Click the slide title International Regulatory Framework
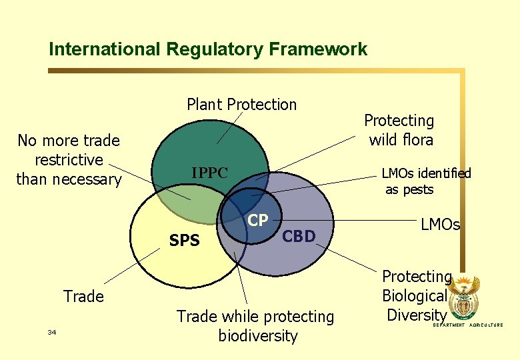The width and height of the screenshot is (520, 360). tap(208, 49)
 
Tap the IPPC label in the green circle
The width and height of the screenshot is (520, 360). tap(209, 173)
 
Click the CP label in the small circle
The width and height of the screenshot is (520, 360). tap(258, 221)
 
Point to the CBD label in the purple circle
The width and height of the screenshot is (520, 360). tap(299, 236)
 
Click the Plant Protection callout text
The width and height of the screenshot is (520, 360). tap(241, 105)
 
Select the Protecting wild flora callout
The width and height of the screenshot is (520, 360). tap(399, 130)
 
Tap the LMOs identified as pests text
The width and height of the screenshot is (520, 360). tap(425, 181)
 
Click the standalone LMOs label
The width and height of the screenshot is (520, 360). tap(440, 225)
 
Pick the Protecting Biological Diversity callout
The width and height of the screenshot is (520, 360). tap(416, 295)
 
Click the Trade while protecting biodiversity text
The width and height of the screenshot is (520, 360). tap(255, 326)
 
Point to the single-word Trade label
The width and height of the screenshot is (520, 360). tap(83, 296)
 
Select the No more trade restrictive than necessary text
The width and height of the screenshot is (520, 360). tap(69, 160)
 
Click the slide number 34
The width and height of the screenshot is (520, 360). tap(52, 331)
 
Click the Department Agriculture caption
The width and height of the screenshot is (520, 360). tap(468, 325)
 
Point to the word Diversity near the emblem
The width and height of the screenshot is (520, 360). tap(416, 315)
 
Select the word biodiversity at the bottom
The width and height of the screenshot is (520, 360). tap(257, 336)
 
